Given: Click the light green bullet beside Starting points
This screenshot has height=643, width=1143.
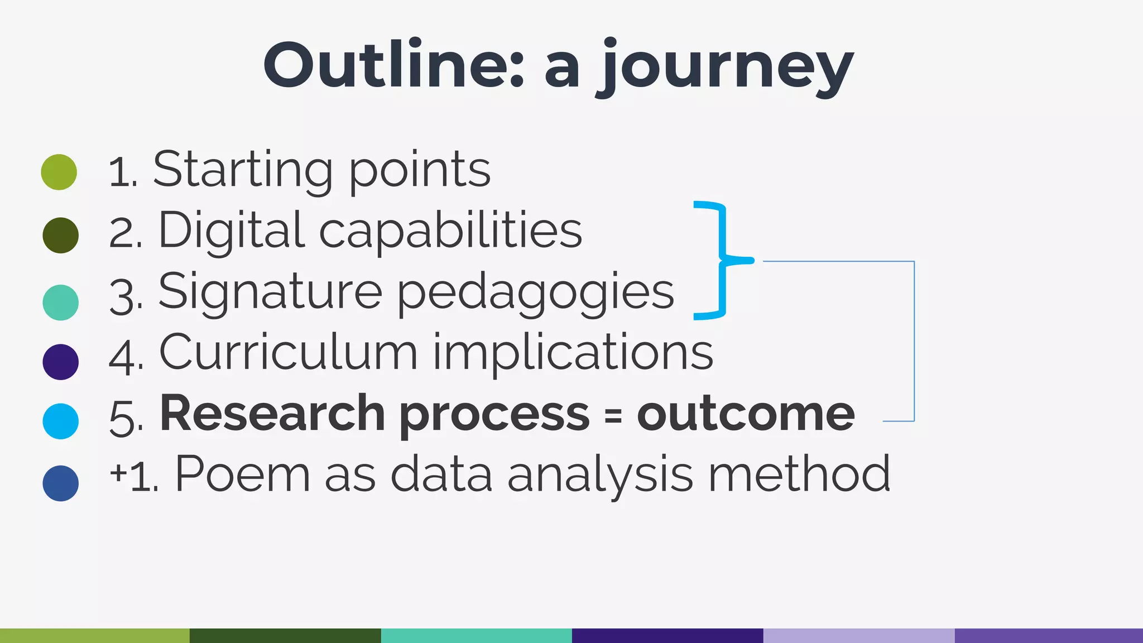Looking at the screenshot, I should pos(59,172).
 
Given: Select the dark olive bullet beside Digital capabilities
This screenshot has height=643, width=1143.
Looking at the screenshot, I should pos(60,235).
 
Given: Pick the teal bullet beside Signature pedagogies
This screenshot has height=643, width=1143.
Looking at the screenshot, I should pos(60,302).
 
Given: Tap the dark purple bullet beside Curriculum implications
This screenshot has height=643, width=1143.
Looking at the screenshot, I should pos(60,362).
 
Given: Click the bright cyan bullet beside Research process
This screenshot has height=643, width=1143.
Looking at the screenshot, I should pos(60,421).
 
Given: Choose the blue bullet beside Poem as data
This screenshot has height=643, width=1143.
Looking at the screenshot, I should pos(60,483).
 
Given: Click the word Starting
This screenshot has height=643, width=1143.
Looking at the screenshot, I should pos(243,170).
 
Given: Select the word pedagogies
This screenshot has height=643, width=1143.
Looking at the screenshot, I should pos(536,292).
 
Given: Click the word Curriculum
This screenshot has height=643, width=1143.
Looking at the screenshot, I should pos(288,353).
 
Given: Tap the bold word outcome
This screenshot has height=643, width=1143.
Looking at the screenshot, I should pos(746,414).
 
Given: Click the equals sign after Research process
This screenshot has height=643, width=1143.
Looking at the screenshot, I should pos(613,415).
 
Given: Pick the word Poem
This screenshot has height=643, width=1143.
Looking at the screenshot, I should pos(242,474).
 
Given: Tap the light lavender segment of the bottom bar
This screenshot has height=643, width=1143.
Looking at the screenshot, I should pos(858,635).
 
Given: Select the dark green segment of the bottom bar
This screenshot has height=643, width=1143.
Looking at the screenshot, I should pos(285,635).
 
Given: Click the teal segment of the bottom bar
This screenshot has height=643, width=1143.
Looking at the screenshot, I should pos(476,635).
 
